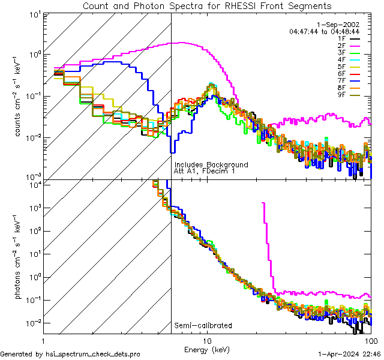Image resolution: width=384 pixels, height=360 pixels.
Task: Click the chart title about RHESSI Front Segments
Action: [x=206, y=6]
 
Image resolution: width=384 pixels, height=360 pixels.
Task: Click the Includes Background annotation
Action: [x=211, y=164]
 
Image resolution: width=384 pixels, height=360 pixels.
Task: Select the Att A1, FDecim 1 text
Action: [x=205, y=171]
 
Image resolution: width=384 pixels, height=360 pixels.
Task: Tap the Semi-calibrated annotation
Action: [x=203, y=326]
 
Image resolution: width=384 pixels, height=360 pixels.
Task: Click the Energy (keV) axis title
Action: [x=206, y=349]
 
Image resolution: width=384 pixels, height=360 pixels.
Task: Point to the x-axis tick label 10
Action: [x=206, y=340]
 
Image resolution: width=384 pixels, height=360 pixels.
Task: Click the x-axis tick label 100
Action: [x=371, y=340]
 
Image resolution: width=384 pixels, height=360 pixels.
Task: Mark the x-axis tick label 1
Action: [x=43, y=340]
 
